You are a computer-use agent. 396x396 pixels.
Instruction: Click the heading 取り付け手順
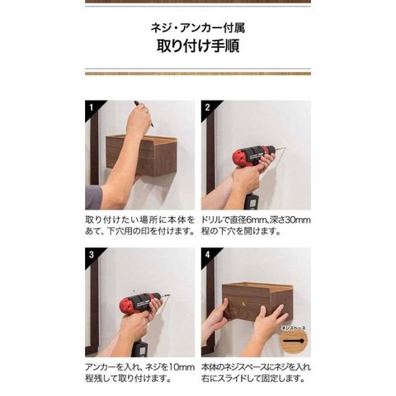click(x=198, y=45)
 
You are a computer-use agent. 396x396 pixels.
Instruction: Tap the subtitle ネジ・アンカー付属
click(x=198, y=28)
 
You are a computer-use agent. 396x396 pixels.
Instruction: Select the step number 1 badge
click(x=92, y=107)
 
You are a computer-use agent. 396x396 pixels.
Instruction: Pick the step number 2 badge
click(x=208, y=107)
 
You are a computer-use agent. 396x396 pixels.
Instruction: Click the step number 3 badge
click(x=92, y=254)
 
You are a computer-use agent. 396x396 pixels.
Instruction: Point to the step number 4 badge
click(x=208, y=254)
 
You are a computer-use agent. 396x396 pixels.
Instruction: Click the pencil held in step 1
click(x=144, y=114)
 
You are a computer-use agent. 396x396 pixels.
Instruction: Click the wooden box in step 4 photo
click(x=257, y=301)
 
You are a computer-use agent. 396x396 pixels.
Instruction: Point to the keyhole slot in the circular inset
click(x=294, y=341)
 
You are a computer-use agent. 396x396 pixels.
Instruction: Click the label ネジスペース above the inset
click(x=294, y=328)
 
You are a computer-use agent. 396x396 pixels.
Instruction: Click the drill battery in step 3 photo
click(x=139, y=348)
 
